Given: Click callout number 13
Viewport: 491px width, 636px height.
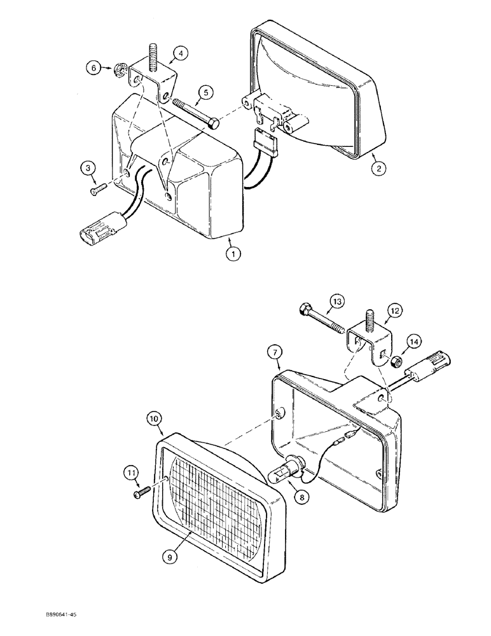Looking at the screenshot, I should point(336,301).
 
